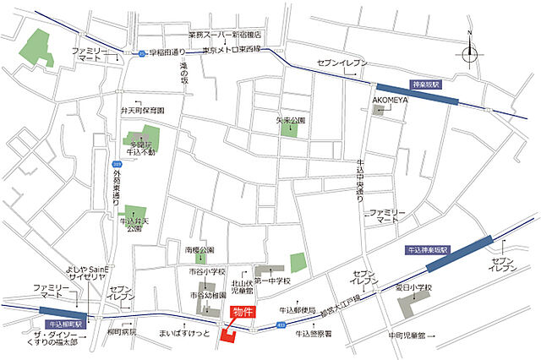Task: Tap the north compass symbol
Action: coord(470,51)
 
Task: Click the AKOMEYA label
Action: coord(390,99)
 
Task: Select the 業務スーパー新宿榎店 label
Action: coord(225,35)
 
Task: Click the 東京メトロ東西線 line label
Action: coord(232,50)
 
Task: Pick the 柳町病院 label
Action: coord(122,333)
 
